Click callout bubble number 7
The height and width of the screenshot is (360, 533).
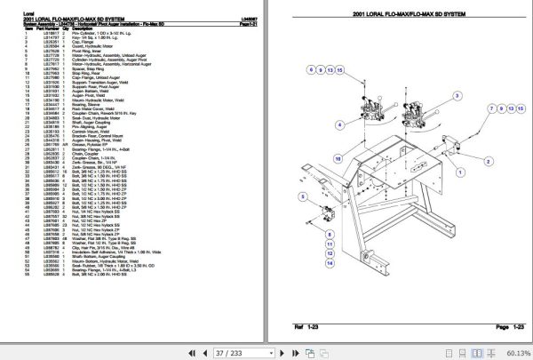click(491, 107)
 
